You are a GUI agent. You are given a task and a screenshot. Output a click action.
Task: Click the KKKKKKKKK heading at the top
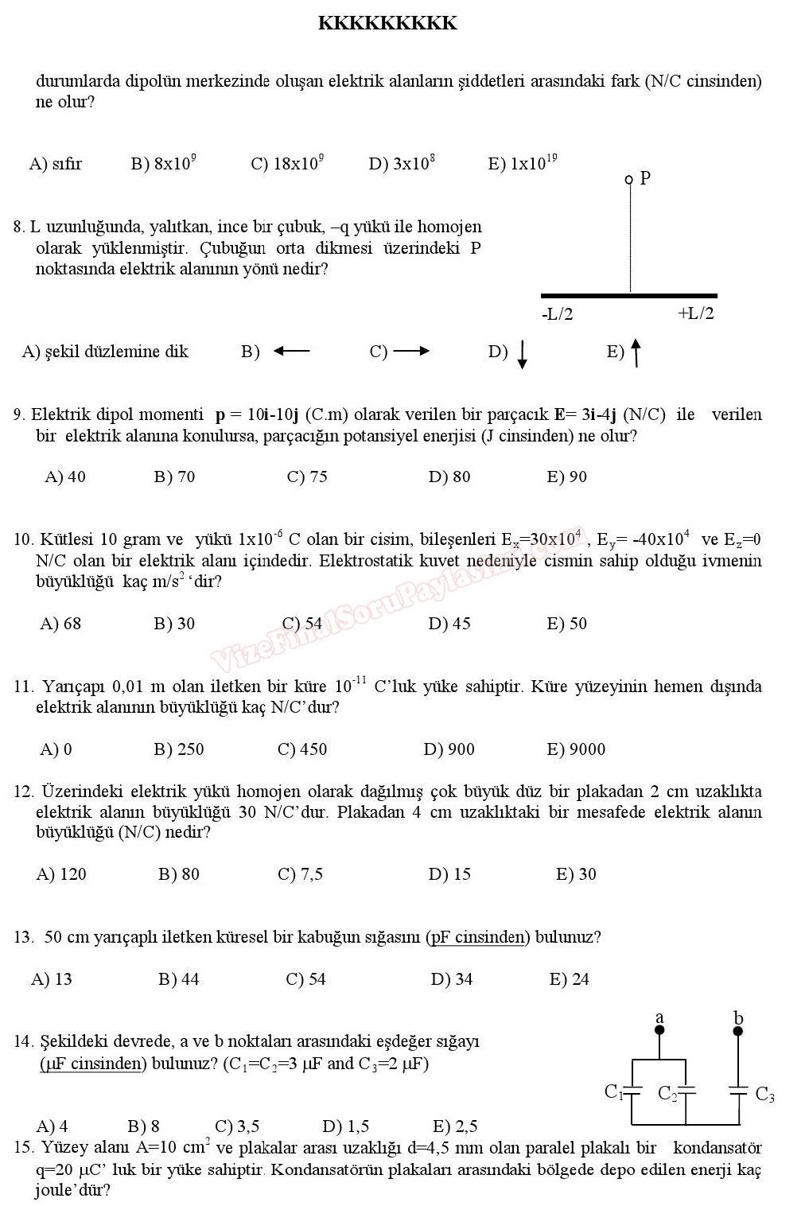coord(387,23)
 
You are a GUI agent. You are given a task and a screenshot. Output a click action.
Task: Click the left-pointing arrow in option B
coord(291,351)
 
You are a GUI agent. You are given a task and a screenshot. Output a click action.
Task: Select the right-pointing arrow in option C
coord(411,351)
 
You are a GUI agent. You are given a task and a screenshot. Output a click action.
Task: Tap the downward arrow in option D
coord(522,354)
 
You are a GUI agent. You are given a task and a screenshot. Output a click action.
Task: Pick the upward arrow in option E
coord(636,353)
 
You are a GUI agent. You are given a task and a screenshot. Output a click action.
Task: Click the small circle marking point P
coord(629,180)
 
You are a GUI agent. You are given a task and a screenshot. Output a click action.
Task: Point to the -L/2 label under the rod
coord(557,314)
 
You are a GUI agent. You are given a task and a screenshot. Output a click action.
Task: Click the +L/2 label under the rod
coord(695,313)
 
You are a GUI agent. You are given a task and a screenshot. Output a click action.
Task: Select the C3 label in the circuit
coord(764,1095)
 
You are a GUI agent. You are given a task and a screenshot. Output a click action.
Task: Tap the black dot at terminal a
coord(659,1030)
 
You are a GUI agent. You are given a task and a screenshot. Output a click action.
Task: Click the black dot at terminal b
coord(737,1031)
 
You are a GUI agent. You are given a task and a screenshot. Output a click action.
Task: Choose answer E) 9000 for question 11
coord(576,749)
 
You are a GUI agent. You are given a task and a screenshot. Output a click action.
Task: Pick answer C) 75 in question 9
coord(307,477)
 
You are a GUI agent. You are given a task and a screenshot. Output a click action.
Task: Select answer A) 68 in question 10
coord(60,624)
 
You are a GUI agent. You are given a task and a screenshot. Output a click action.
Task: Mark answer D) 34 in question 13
coord(451,979)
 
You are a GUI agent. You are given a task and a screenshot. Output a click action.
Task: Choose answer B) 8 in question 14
coord(143,1126)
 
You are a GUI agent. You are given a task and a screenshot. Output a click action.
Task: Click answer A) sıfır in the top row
coord(56,164)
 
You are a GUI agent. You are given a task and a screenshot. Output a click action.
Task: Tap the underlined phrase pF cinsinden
coord(477,937)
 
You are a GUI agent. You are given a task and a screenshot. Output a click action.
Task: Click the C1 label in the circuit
coord(613,1091)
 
